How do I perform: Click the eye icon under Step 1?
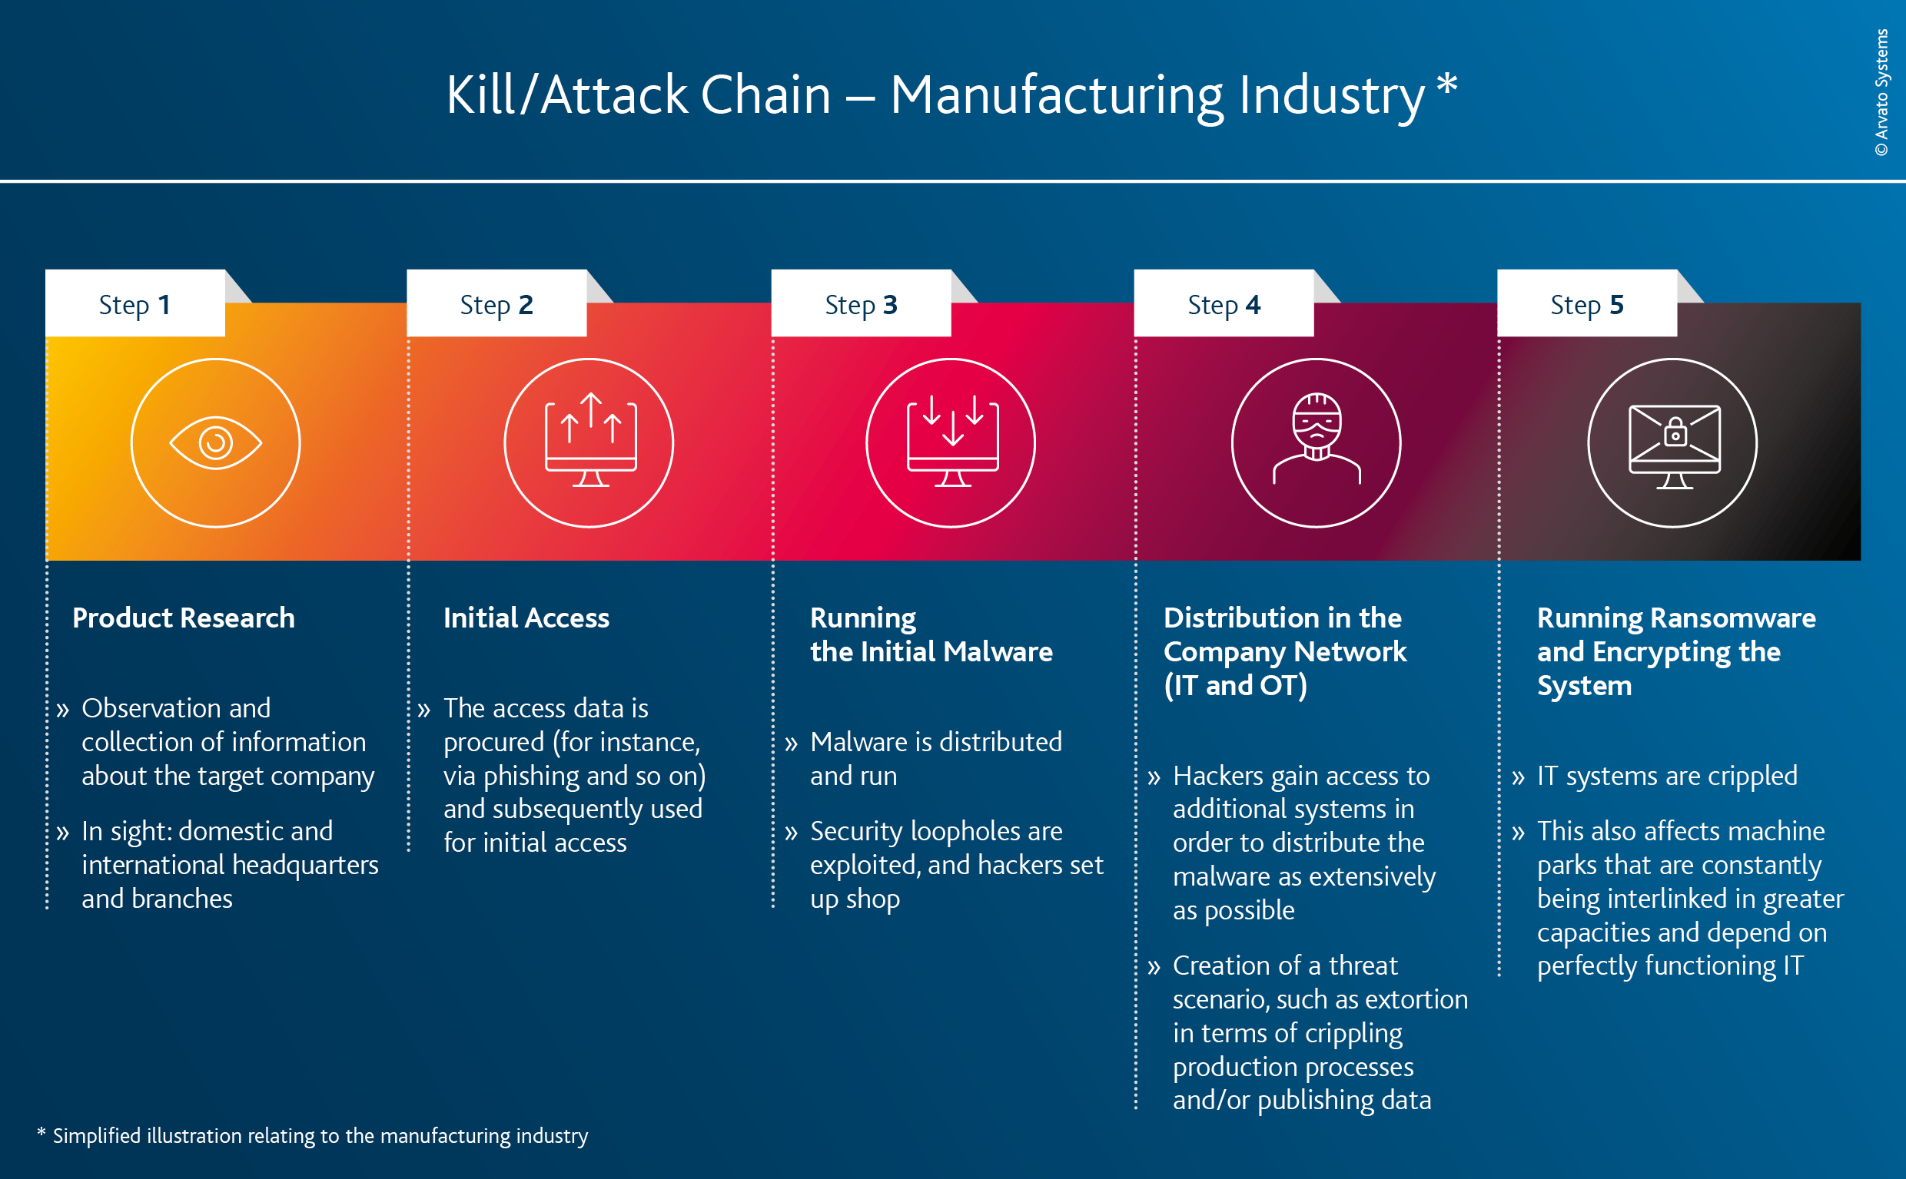pyautogui.click(x=215, y=443)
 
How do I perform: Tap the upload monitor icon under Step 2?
pyautogui.click(x=589, y=442)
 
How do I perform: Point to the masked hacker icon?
pyautogui.click(x=1317, y=439)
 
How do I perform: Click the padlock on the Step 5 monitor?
pyautogui.click(x=1675, y=432)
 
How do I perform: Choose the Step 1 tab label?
pyautogui.click(x=134, y=304)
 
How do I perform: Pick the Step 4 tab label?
pyautogui.click(x=1223, y=304)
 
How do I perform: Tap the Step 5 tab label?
pyautogui.click(x=1586, y=304)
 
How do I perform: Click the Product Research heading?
pyautogui.click(x=184, y=618)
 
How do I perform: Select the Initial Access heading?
pyautogui.click(x=526, y=618)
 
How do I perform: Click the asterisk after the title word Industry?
pyautogui.click(x=1446, y=84)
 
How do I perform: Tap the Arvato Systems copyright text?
pyautogui.click(x=1881, y=92)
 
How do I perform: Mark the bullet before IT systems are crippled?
pyautogui.click(x=1517, y=777)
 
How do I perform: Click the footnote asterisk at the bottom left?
pyautogui.click(x=41, y=1132)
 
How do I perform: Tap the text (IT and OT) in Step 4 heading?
pyautogui.click(x=1234, y=685)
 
